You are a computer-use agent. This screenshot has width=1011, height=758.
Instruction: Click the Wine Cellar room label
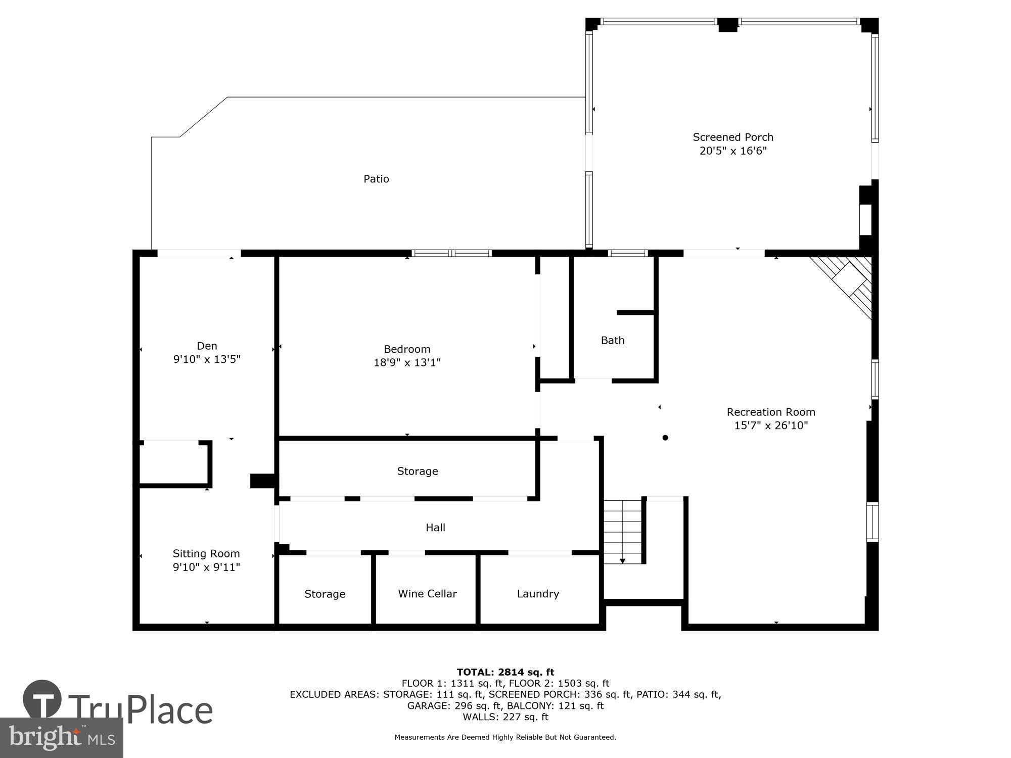click(427, 594)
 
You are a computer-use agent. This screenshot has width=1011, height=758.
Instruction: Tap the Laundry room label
click(538, 594)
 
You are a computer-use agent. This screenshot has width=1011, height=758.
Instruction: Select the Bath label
click(613, 341)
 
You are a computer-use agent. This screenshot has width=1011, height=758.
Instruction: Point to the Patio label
click(376, 179)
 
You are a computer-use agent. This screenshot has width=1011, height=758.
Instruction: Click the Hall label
click(435, 528)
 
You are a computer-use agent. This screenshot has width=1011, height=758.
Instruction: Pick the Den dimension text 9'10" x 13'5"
click(207, 359)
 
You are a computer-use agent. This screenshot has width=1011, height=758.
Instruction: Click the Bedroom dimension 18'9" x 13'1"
click(407, 362)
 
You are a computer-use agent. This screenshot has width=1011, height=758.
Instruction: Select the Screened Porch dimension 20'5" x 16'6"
click(733, 151)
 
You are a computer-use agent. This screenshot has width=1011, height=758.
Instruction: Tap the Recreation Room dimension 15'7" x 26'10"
click(771, 425)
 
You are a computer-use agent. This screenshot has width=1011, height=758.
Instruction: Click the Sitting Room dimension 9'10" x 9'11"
click(206, 567)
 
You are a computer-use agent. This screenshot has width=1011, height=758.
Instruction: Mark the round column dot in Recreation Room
click(665, 438)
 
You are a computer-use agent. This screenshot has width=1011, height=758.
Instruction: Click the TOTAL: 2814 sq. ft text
click(505, 672)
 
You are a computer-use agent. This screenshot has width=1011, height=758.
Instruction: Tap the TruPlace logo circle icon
click(42, 699)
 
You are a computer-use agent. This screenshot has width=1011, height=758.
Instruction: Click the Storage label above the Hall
click(418, 471)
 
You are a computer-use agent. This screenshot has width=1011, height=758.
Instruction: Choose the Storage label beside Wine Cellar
click(325, 594)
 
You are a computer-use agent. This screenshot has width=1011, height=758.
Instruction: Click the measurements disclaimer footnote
click(505, 737)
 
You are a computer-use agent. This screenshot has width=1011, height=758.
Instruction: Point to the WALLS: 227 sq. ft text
click(505, 717)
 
